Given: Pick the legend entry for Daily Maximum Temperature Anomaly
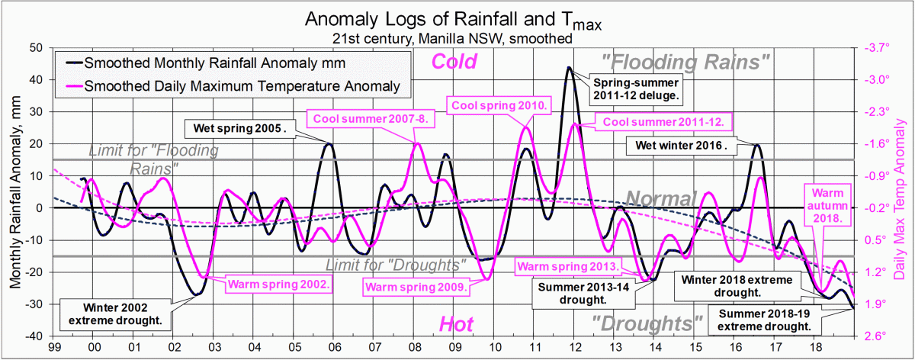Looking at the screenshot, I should tap(242, 85).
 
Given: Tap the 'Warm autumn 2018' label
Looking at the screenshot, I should tap(827, 203).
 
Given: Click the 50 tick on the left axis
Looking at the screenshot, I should tap(35, 47).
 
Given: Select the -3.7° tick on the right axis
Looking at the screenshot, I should tap(877, 47).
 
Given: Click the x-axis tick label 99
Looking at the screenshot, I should tap(53, 347).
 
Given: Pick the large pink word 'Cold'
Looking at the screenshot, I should tap(454, 62).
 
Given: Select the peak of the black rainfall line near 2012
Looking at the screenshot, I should tap(569, 68).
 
